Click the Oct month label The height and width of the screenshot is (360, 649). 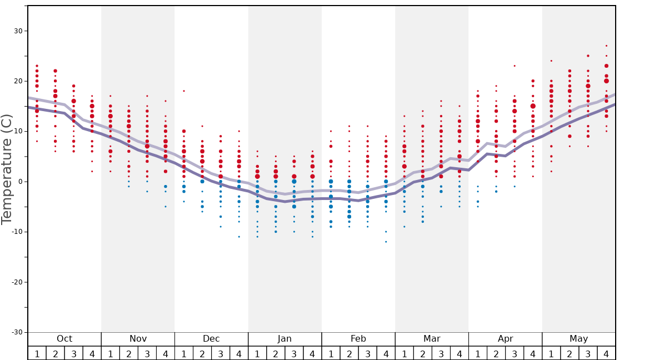pyautogui.click(x=64, y=339)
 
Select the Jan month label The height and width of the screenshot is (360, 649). pyautogui.click(x=284, y=339)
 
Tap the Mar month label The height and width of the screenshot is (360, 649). pyautogui.click(x=432, y=339)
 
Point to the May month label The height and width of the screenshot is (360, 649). pyautogui.click(x=578, y=339)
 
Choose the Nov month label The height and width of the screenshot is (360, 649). pyautogui.click(x=138, y=339)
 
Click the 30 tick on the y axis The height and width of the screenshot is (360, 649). pyautogui.click(x=18, y=31)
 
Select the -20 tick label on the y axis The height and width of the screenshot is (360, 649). pyautogui.click(x=17, y=282)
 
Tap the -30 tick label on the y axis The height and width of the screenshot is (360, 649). pyautogui.click(x=17, y=332)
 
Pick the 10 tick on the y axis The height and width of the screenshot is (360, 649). pyautogui.click(x=18, y=132)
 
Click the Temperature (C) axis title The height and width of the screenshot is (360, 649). pyautogui.click(x=7, y=169)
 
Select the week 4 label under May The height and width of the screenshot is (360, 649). pyautogui.click(x=606, y=354)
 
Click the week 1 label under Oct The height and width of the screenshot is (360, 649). pyautogui.click(x=37, y=354)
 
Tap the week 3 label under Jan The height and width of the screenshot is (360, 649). pyautogui.click(x=294, y=354)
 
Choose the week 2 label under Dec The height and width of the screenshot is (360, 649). pyautogui.click(x=202, y=354)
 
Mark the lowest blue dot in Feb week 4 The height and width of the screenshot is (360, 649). pyautogui.click(x=386, y=242)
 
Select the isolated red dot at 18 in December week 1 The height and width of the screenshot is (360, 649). pyautogui.click(x=184, y=91)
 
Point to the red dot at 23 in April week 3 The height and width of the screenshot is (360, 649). pyautogui.click(x=515, y=66)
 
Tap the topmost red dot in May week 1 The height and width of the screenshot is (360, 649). pyautogui.click(x=551, y=61)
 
